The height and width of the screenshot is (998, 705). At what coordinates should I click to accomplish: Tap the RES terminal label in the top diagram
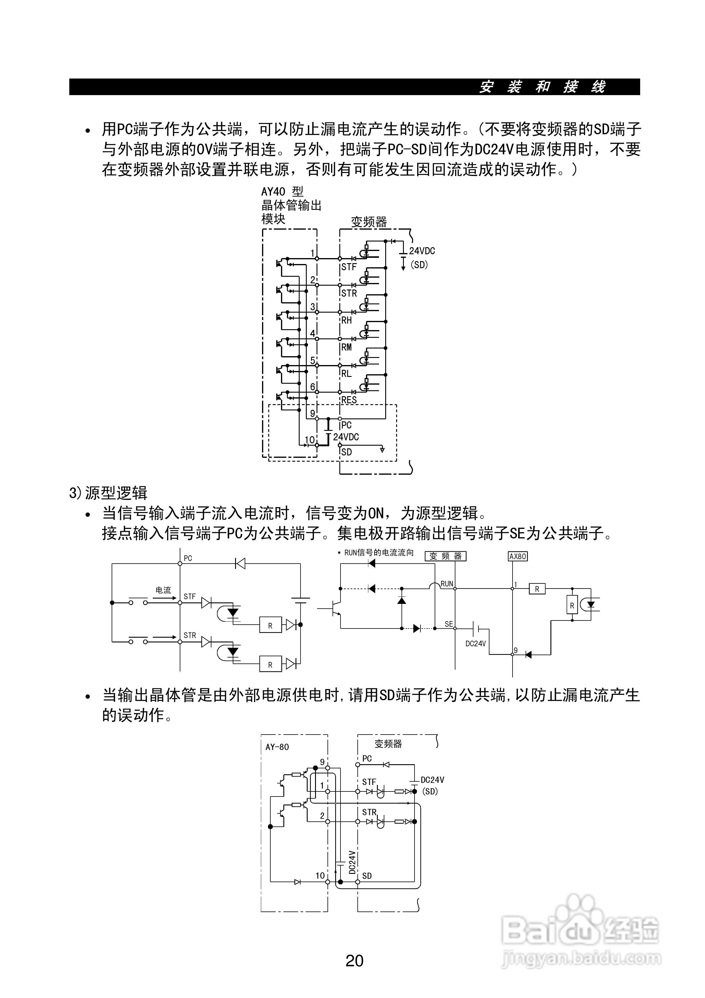(349, 400)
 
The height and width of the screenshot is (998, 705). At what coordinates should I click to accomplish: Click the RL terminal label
(346, 373)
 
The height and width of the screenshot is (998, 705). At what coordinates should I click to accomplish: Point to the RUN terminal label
(447, 584)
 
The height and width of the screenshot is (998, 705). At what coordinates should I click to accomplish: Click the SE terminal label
(449, 624)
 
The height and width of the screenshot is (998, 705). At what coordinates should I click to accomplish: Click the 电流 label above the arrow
(163, 590)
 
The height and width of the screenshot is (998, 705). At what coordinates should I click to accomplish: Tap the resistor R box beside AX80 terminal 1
(537, 589)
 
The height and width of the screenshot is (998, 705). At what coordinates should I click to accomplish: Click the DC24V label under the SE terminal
(476, 644)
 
